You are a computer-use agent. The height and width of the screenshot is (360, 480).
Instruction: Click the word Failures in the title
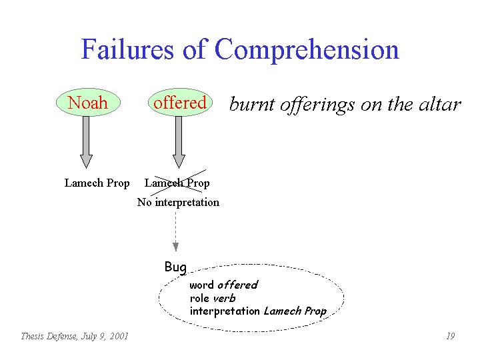coord(127,49)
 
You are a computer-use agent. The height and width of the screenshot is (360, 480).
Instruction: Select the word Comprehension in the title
coord(307,51)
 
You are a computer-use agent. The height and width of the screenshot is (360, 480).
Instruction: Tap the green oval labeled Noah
coord(88,102)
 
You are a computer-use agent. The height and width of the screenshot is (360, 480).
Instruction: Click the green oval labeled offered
coord(180,102)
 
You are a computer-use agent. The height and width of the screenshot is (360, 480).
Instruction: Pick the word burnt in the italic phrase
coord(252,105)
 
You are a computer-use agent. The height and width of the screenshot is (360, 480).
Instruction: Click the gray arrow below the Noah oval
coord(86,142)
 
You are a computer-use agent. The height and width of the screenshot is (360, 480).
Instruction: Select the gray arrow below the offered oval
coord(179,142)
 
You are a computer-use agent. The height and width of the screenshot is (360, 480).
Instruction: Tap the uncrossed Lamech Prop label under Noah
coord(97,183)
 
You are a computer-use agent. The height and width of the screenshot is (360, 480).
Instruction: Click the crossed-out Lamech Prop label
coord(177,183)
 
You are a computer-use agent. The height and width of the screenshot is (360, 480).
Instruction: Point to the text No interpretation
coord(178,203)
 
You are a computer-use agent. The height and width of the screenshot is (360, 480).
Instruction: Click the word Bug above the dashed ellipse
coord(175,267)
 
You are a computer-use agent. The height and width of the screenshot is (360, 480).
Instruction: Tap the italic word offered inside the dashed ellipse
coord(237,285)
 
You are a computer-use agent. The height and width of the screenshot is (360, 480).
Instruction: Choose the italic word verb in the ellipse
coord(225,298)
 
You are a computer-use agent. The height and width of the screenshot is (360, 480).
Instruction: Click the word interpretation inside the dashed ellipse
coord(225,311)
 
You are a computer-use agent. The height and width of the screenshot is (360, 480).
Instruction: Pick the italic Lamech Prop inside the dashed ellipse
coord(295,311)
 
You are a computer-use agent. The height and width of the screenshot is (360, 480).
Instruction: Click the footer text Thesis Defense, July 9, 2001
coord(75,337)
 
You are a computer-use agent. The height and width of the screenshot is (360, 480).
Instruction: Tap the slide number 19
coord(450,336)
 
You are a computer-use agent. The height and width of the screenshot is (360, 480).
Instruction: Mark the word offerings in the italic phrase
coord(317,105)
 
